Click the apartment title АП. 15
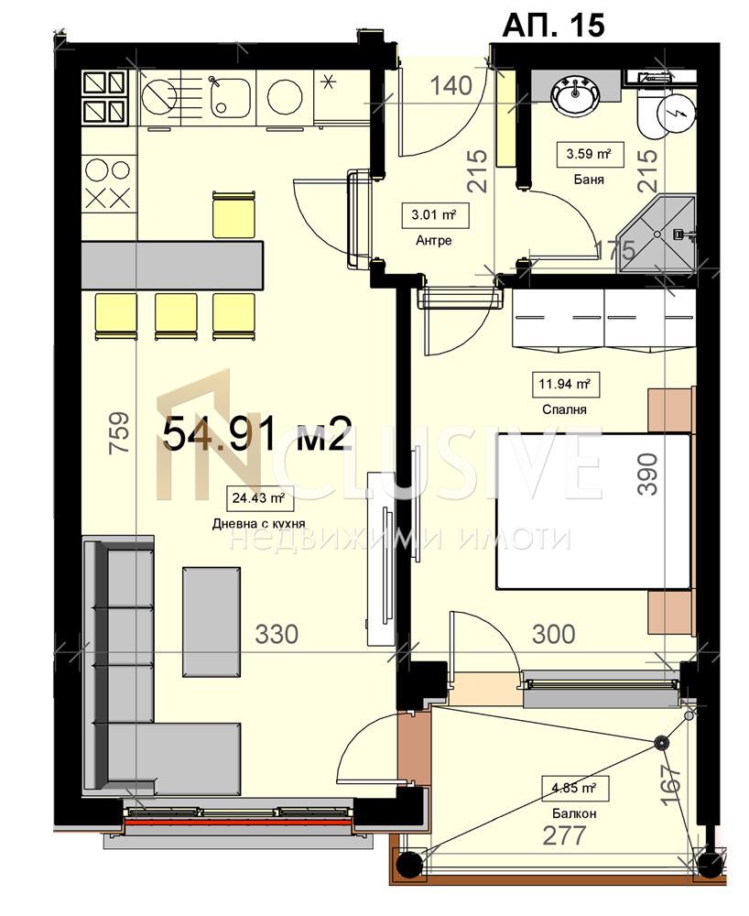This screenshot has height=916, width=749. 553,25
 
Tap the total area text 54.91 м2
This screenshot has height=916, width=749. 256,434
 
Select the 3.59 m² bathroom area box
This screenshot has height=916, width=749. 589,154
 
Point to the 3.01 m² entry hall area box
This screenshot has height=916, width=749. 433,215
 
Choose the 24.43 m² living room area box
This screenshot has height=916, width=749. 258,498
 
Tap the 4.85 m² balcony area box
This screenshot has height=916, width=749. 574,788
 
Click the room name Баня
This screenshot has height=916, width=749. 589,180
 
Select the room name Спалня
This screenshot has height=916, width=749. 564,409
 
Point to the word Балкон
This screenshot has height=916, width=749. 574,813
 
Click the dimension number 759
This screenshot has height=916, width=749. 118,433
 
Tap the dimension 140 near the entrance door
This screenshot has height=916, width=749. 450,86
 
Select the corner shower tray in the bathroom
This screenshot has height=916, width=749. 657,234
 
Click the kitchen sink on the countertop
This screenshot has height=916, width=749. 230,97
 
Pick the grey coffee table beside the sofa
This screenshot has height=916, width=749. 212,622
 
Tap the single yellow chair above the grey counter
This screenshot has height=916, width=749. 234,214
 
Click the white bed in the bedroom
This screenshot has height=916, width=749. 593,511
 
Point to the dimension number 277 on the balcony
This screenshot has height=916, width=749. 564,835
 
